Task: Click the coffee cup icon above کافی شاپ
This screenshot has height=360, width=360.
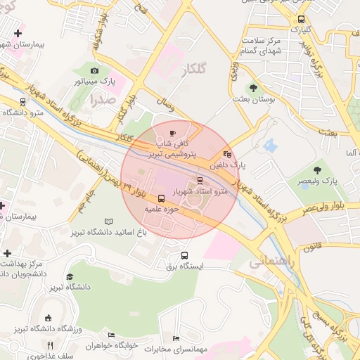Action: click(x=174, y=132)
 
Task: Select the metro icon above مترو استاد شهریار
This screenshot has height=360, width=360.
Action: click(x=200, y=181)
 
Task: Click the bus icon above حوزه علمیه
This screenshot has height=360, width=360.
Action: click(x=162, y=199)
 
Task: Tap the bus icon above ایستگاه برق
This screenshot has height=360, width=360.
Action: click(x=185, y=255)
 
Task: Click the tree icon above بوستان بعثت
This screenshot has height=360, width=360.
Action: click(x=253, y=88)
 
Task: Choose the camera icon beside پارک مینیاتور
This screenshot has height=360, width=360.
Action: click(x=95, y=71)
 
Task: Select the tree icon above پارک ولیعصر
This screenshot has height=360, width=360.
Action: click(x=316, y=169)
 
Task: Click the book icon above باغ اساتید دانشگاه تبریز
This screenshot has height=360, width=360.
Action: click(x=108, y=221)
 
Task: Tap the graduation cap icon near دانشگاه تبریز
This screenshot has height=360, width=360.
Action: click(x=70, y=277)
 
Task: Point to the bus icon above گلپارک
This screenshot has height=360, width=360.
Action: click(x=301, y=20)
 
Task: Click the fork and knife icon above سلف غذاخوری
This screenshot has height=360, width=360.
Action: click(x=49, y=345)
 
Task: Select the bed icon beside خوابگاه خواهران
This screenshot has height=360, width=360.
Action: click(x=110, y=335)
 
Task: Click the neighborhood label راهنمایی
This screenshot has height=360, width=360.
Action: click(x=268, y=262)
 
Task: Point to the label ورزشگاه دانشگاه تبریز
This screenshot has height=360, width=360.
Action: click(x=49, y=329)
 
